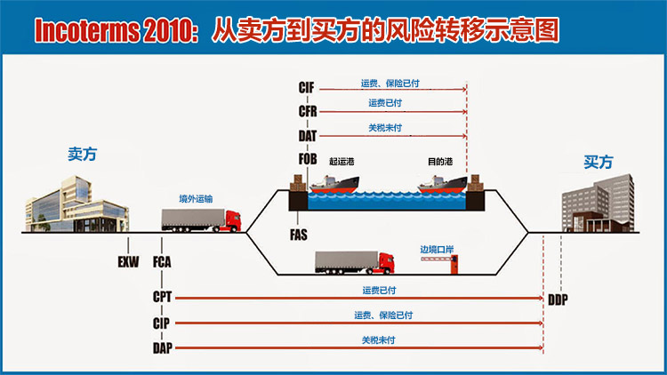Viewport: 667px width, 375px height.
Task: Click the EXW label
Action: point(128,262)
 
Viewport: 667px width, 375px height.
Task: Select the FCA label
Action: point(162,262)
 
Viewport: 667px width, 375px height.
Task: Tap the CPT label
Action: point(162,297)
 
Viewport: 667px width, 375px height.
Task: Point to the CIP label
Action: point(161,323)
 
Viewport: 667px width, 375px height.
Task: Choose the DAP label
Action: point(163,348)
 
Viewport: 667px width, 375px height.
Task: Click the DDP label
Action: point(558,299)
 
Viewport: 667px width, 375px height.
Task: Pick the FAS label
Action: point(298,235)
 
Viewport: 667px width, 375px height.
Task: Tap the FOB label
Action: point(308,159)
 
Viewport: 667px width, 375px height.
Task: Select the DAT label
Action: point(307,136)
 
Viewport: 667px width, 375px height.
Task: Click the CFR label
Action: point(308,111)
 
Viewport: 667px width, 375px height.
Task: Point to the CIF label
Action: point(306,88)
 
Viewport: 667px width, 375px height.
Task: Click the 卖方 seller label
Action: point(83,154)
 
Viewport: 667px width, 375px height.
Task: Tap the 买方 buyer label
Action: point(599,162)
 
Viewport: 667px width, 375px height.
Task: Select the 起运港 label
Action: point(342,162)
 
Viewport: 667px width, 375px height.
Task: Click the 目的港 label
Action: point(440,162)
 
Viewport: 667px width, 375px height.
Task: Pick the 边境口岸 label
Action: point(437,250)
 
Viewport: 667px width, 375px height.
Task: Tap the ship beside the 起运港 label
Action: point(334,184)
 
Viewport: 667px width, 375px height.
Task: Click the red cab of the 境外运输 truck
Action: point(233,220)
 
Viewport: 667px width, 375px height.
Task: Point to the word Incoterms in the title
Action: point(87,30)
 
